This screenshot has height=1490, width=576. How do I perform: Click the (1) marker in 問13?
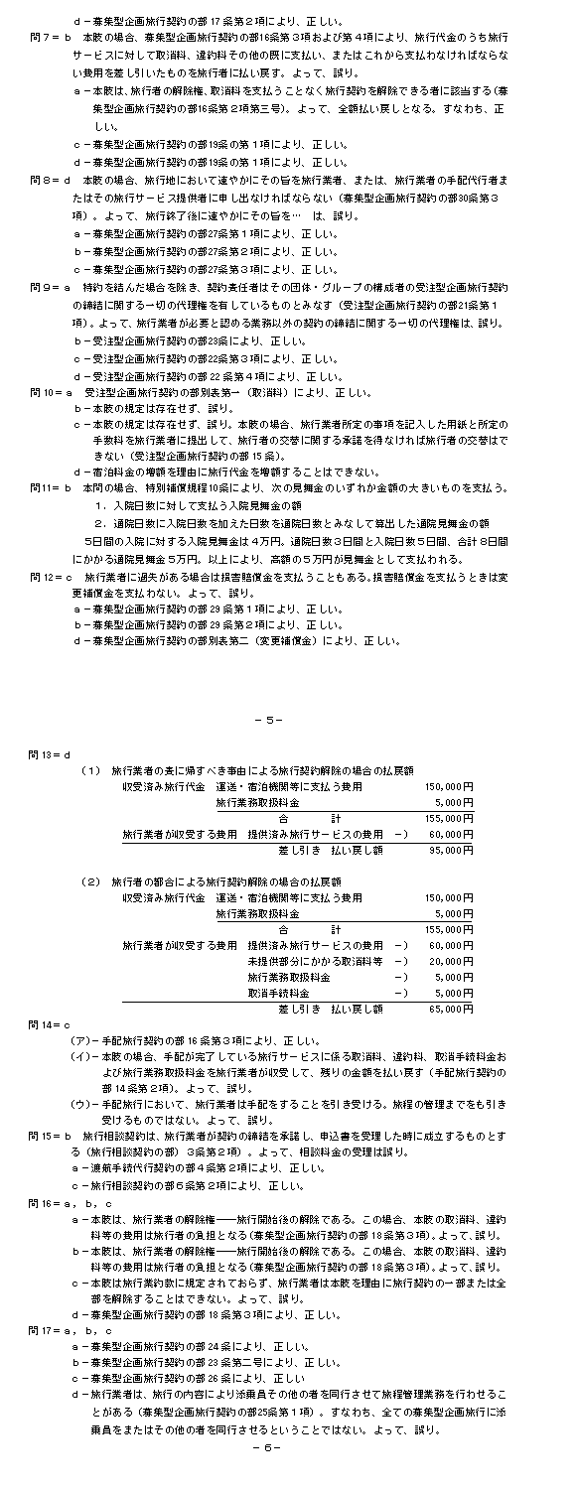(91, 769)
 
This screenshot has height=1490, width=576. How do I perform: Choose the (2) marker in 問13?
(91, 880)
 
